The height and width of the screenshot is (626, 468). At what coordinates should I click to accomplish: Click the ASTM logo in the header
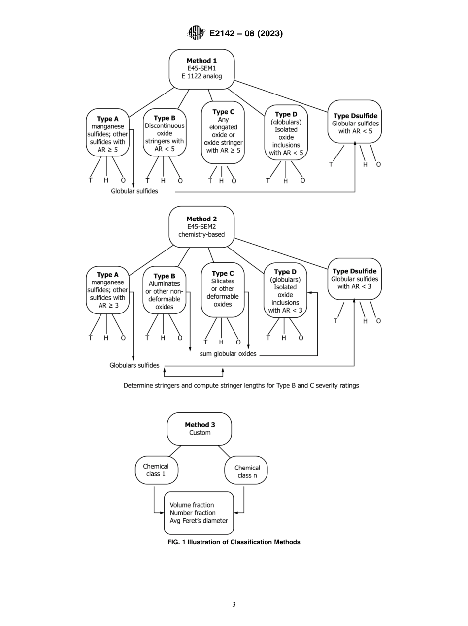click(x=196, y=33)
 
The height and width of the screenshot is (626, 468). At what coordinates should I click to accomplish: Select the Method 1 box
click(x=201, y=69)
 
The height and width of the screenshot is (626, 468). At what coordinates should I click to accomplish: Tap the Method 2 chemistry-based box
click(x=201, y=226)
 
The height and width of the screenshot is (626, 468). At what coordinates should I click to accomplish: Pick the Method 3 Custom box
click(x=200, y=429)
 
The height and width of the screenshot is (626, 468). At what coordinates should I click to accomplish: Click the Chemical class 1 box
click(x=156, y=470)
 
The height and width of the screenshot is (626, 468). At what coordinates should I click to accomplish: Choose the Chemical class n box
click(x=246, y=471)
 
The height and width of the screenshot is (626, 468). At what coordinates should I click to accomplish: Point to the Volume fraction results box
click(x=199, y=513)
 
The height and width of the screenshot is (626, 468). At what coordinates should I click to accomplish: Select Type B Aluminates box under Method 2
click(x=164, y=292)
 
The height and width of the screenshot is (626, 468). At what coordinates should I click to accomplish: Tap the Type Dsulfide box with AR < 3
click(x=354, y=279)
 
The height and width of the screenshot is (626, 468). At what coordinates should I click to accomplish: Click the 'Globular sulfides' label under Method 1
click(x=134, y=191)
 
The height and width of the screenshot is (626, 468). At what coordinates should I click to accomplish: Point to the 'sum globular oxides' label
click(x=228, y=354)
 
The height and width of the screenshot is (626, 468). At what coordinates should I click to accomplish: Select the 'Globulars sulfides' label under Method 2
click(x=134, y=365)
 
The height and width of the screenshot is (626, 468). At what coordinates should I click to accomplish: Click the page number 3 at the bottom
click(x=234, y=605)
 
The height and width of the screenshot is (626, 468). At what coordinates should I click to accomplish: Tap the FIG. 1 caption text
click(x=234, y=542)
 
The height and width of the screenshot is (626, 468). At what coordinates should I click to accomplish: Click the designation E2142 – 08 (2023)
click(x=246, y=34)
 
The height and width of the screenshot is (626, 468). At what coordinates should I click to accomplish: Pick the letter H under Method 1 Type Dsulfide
click(x=365, y=164)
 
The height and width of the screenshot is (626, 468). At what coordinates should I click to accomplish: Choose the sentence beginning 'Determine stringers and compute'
click(x=241, y=385)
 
